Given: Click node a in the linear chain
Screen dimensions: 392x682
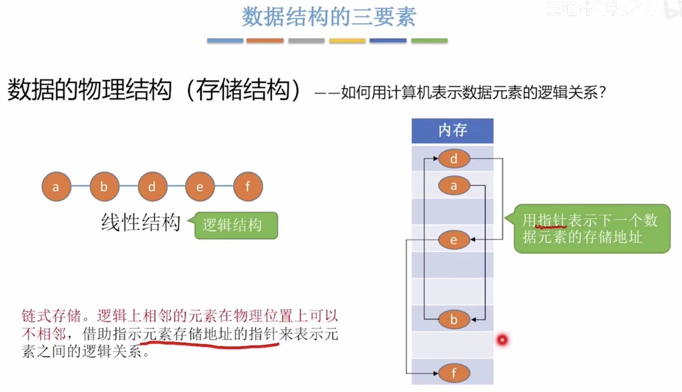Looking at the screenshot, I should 56,187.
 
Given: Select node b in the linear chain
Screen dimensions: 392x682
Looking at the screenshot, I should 104,187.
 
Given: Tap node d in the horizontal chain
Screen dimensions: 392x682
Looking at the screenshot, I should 152,187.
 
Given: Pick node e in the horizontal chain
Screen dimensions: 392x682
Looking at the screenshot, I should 200,187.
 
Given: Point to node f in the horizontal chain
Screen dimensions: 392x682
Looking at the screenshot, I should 248,187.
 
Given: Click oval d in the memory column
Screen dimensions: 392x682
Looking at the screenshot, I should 454,159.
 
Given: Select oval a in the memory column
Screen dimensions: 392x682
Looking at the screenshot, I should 454,186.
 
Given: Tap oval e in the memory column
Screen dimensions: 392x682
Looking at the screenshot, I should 454,240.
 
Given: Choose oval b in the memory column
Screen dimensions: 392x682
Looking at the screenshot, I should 454,319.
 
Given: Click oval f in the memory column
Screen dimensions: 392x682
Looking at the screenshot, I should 454,373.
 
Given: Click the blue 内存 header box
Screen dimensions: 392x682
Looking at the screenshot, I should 453,131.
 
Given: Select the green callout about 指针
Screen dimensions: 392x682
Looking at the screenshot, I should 591,229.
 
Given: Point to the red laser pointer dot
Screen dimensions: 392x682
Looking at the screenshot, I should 502,340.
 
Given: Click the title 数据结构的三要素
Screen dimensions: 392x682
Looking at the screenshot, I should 328,17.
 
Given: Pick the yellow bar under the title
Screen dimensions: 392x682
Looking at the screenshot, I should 347,40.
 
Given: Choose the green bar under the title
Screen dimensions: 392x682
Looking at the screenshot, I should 429,40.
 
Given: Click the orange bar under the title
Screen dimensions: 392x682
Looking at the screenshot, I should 265,40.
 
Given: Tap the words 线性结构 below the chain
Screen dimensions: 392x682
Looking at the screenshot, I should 141,222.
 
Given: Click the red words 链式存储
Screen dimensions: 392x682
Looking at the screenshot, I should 51,316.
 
